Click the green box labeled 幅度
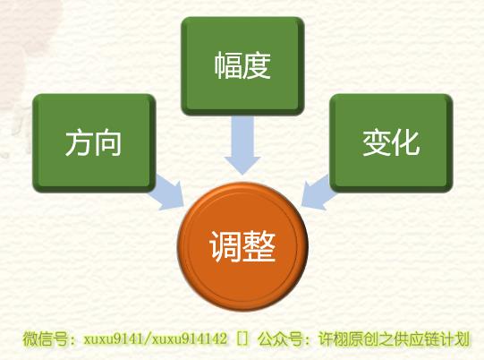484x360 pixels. (242, 66)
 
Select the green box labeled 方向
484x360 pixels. (94, 143)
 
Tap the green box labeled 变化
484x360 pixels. (391, 143)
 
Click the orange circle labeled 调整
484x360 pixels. (242, 246)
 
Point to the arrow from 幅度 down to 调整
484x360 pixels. (242, 145)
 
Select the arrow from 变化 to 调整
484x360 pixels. (318, 193)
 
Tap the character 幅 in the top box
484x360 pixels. (228, 65)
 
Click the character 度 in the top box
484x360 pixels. (256, 65)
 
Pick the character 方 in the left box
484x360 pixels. (79, 142)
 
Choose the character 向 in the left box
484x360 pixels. (107, 142)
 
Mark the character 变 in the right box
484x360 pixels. (377, 142)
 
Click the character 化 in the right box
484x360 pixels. (405, 142)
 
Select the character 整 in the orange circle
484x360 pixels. (259, 247)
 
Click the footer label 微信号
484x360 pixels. (45, 339)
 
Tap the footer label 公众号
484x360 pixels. (280, 339)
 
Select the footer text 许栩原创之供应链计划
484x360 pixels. (394, 339)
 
